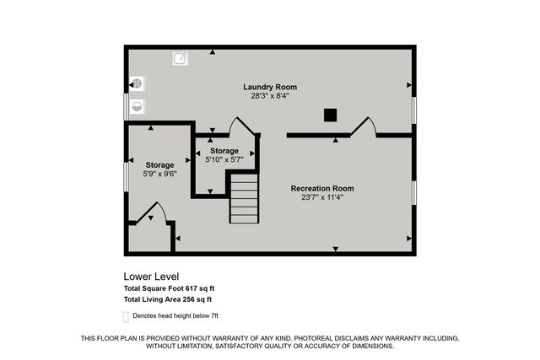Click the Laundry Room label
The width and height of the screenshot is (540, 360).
tap(269, 87)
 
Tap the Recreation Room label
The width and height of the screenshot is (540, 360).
tap(322, 188)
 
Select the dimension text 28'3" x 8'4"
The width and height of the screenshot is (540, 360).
tap(270, 96)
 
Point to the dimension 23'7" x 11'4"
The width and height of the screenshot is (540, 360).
tap(322, 197)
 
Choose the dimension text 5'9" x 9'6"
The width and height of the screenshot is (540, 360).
tap(159, 175)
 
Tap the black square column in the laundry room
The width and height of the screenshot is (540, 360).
tap(332, 115)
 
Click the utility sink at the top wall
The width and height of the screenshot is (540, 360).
tap(180, 58)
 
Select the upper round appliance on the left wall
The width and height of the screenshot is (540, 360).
tap(137, 84)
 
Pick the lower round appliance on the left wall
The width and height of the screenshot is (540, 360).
tap(137, 106)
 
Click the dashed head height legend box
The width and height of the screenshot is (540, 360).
tap(127, 315)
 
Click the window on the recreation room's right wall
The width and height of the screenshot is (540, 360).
tap(413, 191)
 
